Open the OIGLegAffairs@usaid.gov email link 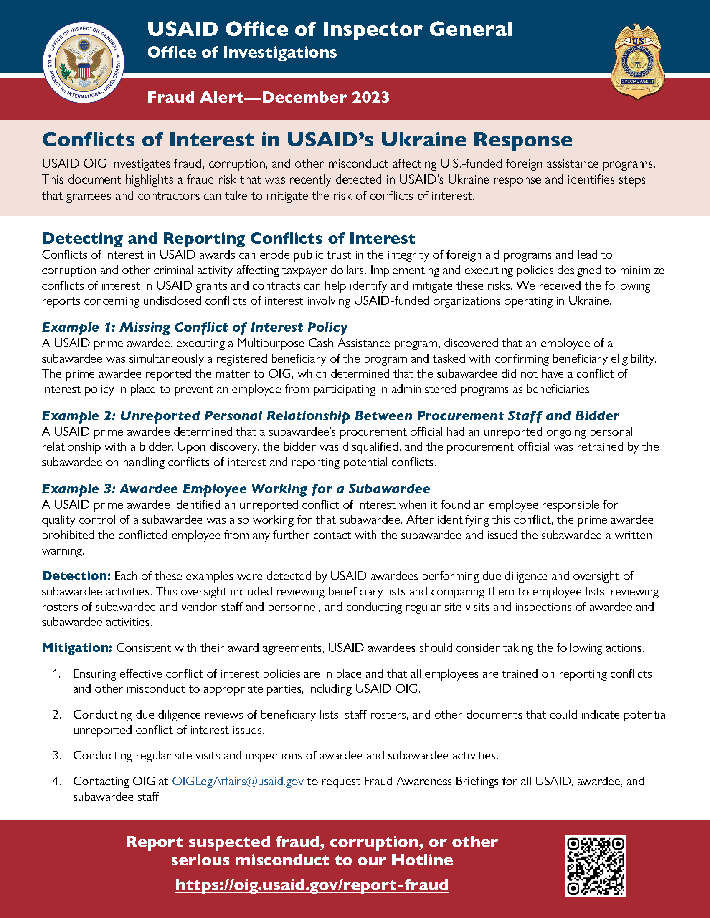point(238,782)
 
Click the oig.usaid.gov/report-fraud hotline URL point(312,885)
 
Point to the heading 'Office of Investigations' point(242,53)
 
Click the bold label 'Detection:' point(76,576)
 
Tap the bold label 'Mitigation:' point(77,648)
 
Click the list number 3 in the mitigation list point(57,755)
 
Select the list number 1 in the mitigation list point(57,673)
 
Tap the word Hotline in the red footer point(422,860)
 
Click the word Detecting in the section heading point(82,238)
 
